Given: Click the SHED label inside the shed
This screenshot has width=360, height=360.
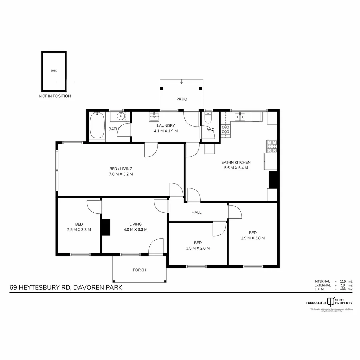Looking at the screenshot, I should pos(54,71).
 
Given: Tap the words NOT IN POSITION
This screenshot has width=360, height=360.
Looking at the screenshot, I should pos(55,96).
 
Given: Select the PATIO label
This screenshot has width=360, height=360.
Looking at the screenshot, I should pos(182,99).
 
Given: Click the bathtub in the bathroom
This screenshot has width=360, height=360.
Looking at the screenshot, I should pos(97,125).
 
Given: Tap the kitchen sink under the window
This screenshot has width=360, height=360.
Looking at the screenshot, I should pos(240,116).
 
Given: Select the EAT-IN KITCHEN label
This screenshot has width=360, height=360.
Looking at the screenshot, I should pos(236,163).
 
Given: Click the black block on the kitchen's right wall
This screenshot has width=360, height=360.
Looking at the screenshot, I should pos(273,180).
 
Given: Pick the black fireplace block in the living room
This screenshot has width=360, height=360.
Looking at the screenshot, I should pos(106,227).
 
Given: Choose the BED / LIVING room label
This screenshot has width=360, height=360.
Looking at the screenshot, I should pos(121,169).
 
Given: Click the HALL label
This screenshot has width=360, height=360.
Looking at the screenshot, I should pos(196,212).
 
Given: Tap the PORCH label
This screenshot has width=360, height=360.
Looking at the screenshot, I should pos(139,270).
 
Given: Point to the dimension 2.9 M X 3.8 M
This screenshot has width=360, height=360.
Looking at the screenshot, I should pos(253,238).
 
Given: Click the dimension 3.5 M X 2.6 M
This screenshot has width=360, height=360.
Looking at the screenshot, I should pos(198,248).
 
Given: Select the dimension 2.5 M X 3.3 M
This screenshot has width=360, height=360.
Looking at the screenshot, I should pos(79,229).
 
